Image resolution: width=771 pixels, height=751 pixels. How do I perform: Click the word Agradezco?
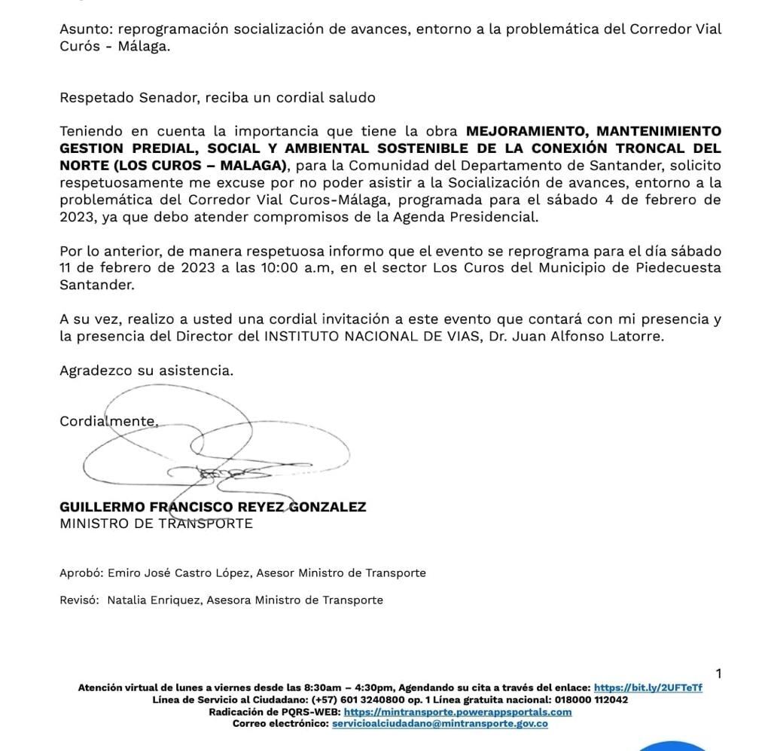(96, 371)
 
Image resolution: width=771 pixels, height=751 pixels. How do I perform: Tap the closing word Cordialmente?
(108, 422)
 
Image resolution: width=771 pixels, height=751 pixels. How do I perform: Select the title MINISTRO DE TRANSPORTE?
(156, 524)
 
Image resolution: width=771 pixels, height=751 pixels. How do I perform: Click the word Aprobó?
(81, 573)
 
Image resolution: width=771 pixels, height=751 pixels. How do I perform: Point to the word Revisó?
(79, 600)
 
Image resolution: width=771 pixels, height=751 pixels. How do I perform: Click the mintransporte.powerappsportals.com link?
(457, 712)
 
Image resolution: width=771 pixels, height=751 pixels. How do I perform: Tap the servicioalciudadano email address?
(440, 724)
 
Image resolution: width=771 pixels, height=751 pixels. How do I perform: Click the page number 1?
(718, 673)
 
